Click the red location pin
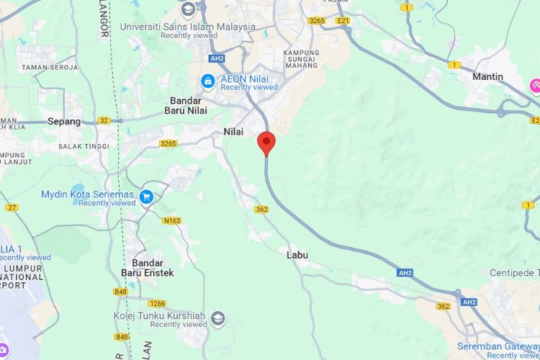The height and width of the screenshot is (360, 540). (266, 142)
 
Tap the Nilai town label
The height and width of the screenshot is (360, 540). (233, 132)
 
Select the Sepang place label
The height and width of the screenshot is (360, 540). (64, 121)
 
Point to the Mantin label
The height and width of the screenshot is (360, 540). (487, 76)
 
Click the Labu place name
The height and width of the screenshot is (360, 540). (297, 255)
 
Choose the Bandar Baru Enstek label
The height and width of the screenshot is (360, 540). (147, 268)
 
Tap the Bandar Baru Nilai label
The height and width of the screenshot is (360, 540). (188, 105)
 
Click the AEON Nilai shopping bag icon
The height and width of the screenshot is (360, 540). (207, 81)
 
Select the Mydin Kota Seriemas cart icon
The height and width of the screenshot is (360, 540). (146, 196)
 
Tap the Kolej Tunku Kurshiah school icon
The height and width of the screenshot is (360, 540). (217, 318)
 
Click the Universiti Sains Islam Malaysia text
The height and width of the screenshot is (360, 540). (187, 27)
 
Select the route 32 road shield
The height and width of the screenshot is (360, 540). (104, 120)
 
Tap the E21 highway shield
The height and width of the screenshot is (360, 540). (343, 21)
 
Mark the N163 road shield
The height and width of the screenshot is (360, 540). (172, 220)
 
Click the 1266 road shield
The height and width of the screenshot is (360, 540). (158, 303)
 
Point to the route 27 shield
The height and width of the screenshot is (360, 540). (12, 207)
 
